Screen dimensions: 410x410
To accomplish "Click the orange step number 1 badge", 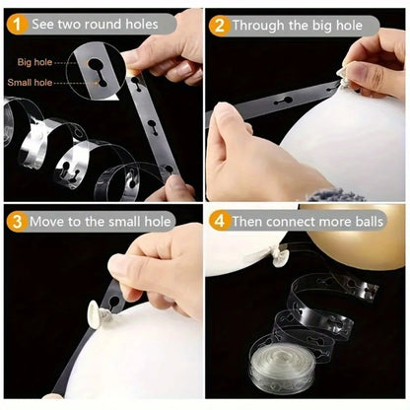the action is point(17,25).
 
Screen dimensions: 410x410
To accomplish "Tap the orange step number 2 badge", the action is point(219,26).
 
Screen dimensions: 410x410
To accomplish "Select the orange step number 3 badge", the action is point(17,222).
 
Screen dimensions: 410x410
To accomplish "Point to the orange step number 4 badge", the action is point(219,221).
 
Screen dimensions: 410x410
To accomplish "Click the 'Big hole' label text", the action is point(34,62).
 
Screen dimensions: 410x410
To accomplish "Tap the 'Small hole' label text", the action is point(30,82).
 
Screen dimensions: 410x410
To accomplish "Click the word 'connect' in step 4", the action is point(291,222).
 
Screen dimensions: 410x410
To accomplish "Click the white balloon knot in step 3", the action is point(97,312).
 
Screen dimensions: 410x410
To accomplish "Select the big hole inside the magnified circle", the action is point(96,64).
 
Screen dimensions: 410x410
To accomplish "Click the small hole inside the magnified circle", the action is point(102,83).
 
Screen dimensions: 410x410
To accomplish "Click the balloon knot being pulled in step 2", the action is point(343,78).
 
